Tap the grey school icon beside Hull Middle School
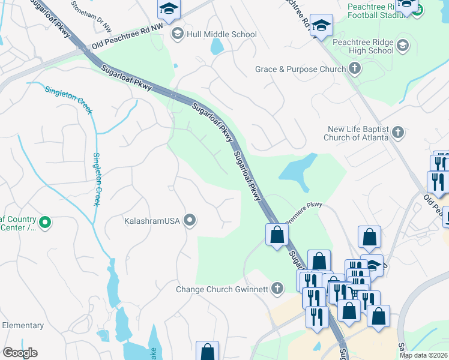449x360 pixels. pyautogui.click(x=177, y=34)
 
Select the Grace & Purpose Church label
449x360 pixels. pyautogui.click(x=300, y=69)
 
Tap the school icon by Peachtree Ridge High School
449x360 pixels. pyautogui.click(x=402, y=45)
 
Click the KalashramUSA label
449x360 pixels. pyautogui.click(x=152, y=221)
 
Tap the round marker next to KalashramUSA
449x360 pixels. pyautogui.click(x=190, y=221)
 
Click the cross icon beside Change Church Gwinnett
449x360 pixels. pyautogui.click(x=277, y=289)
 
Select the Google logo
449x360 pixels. pyautogui.click(x=20, y=353)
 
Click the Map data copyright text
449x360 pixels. pyautogui.click(x=424, y=355)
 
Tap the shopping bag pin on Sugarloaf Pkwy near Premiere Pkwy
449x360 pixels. pyautogui.click(x=277, y=235)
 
